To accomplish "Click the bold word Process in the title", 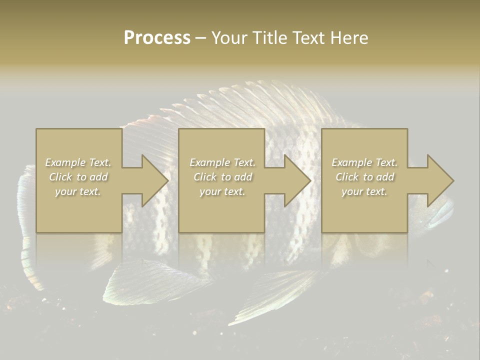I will [x=157, y=38].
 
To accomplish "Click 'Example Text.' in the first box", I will [x=78, y=162].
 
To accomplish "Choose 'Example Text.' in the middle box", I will [x=222, y=162].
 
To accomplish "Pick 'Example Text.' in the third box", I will [x=364, y=162].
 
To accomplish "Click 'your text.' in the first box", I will [x=78, y=191].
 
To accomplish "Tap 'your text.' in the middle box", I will [x=222, y=191].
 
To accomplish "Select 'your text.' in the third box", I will [x=364, y=191].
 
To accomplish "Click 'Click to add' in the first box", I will [x=78, y=177].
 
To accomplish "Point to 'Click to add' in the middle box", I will [x=222, y=177].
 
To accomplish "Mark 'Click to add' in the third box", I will [x=364, y=177].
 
